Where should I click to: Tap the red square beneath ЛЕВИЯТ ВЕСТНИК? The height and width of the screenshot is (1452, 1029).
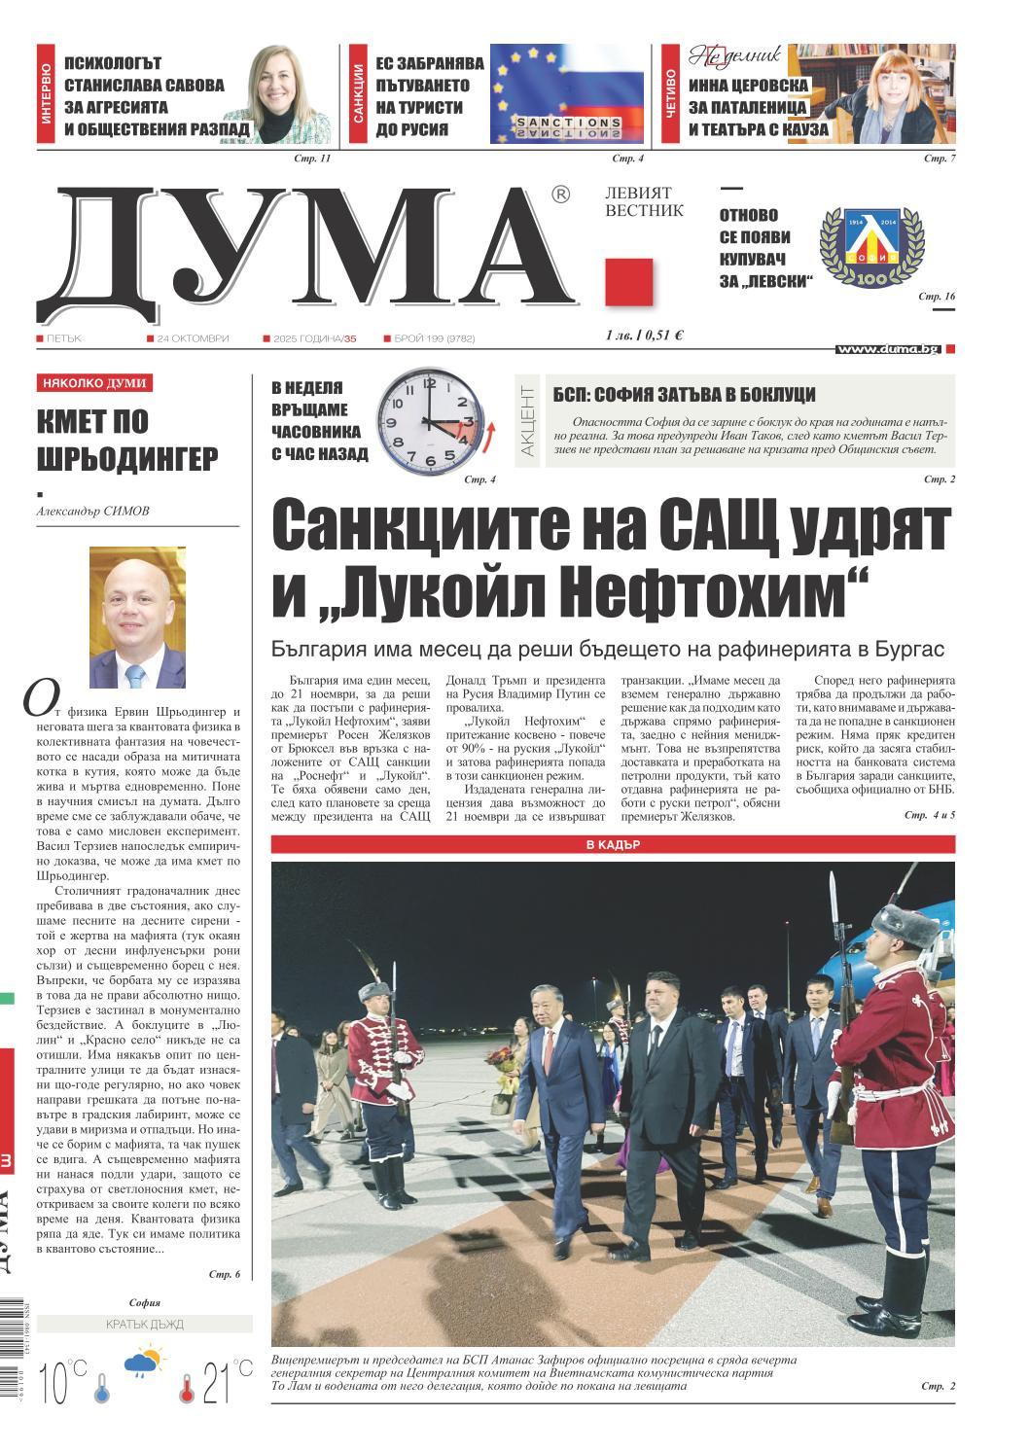click(x=628, y=282)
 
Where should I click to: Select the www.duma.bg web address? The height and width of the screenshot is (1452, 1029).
click(x=887, y=349)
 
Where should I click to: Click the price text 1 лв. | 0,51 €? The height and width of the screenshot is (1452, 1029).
click(x=644, y=336)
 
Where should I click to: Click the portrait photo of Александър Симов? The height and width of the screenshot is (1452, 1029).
click(x=137, y=617)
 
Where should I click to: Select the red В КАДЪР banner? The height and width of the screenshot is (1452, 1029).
click(x=613, y=845)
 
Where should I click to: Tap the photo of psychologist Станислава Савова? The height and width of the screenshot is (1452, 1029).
click(x=292, y=95)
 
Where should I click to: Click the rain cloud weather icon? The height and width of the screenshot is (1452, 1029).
click(x=144, y=1363)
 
